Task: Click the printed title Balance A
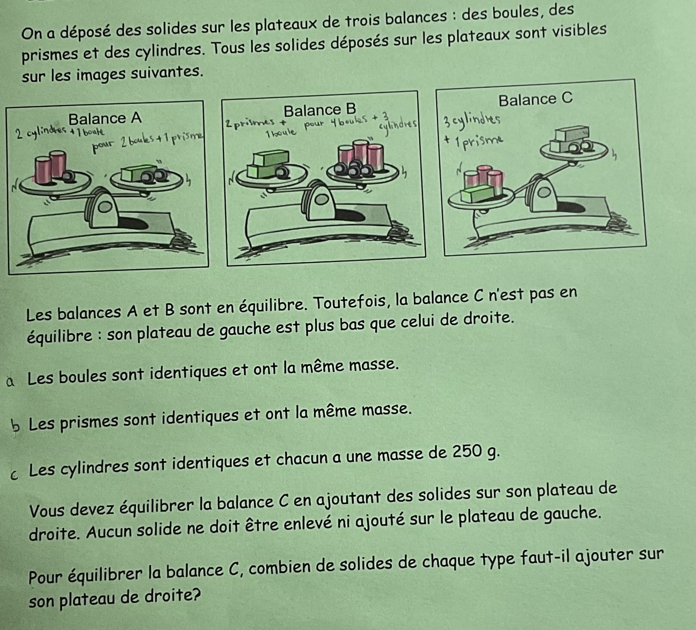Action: [x=105, y=118]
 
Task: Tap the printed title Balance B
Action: [x=319, y=110]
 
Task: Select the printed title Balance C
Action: [x=535, y=99]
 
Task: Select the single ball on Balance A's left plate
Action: [x=68, y=176]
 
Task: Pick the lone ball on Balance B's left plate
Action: [x=282, y=172]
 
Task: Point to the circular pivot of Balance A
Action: [x=104, y=207]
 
